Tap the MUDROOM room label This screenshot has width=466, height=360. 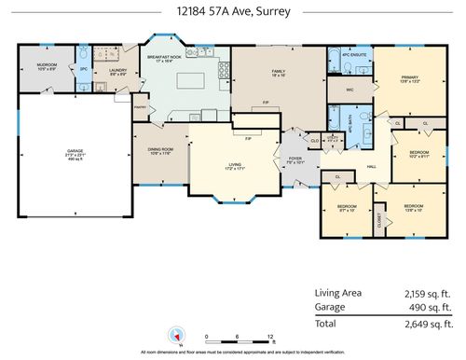tap(47, 66)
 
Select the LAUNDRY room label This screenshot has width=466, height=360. tap(117, 71)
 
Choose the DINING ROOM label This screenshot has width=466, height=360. tap(160, 149)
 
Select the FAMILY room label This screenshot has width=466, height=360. tap(278, 72)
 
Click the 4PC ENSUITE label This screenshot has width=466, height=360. tap(348, 54)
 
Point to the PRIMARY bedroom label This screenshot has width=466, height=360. tap(409, 78)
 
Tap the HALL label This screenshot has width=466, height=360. tap(370, 167)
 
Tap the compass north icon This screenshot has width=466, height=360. tap(170, 335)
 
